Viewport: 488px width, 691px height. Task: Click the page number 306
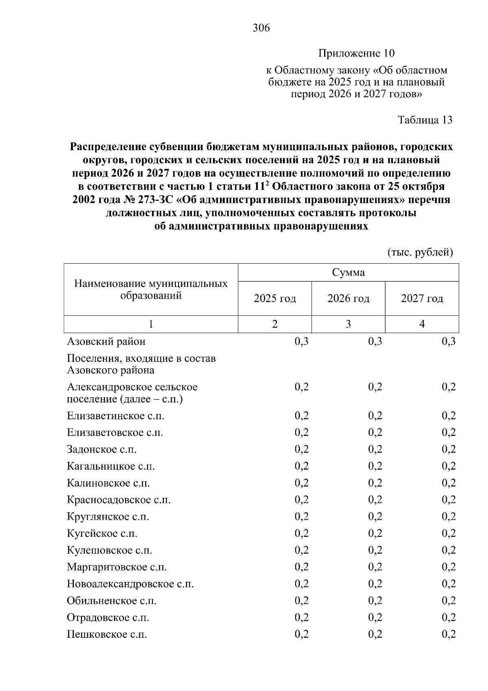point(261,28)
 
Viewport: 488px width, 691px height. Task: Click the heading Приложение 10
point(356,53)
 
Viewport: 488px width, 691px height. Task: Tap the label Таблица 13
point(425,120)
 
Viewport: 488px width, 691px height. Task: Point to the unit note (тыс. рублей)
point(420,253)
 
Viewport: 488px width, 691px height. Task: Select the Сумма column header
point(348,272)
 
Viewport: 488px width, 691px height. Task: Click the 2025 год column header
point(275,299)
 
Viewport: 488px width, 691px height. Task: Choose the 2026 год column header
point(348,299)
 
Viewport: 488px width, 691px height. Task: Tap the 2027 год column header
point(422,299)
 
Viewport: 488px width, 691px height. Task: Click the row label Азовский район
point(106,341)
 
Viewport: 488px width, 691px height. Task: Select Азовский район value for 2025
point(301,341)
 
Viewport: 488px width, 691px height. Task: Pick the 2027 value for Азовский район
point(449,341)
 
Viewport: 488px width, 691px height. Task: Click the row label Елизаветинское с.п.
point(115,416)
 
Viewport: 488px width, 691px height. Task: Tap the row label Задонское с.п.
point(102,450)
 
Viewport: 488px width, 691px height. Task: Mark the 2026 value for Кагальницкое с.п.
point(375,466)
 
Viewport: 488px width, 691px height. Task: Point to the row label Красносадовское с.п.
point(119,500)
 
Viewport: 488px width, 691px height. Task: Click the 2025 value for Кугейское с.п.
point(301,534)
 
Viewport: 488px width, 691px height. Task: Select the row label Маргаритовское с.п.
point(117,567)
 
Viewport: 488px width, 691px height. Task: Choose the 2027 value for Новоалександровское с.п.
point(449,584)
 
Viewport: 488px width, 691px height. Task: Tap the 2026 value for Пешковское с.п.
point(375,634)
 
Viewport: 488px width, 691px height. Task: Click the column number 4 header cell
point(422,324)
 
